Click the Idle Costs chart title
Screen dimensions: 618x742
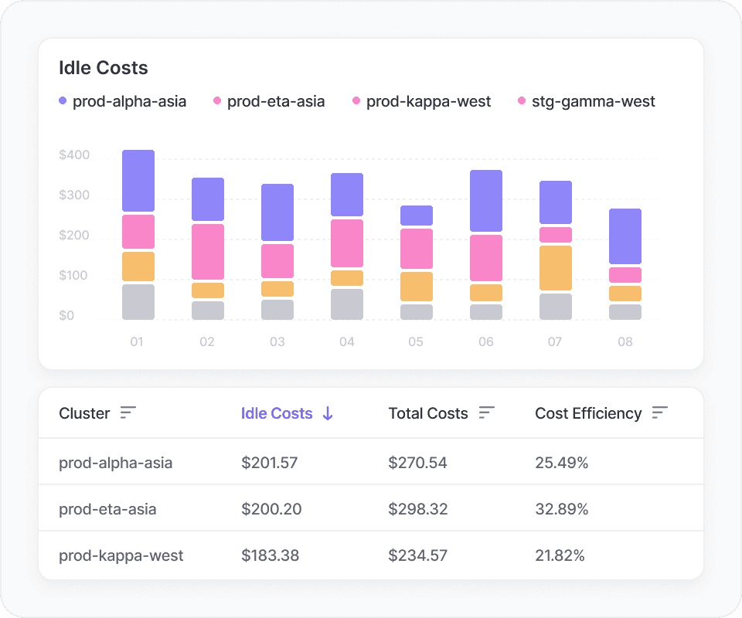(104, 68)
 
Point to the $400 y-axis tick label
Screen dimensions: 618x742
(74, 155)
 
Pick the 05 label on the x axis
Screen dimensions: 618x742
(416, 341)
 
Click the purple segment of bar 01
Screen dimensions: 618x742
(138, 181)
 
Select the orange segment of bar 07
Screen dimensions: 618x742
(556, 267)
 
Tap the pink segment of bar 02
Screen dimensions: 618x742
(208, 252)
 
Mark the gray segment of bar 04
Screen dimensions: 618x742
(347, 304)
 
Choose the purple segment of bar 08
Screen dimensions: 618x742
(625, 236)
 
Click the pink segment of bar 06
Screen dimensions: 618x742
(486, 258)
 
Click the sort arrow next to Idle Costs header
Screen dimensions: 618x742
(328, 413)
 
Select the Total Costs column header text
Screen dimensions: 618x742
(428, 413)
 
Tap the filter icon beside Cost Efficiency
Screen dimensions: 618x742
(659, 413)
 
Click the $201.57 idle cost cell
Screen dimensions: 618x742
(269, 463)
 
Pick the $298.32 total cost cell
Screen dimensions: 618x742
(417, 509)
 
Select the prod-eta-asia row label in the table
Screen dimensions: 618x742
(107, 509)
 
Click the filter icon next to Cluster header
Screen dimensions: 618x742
(128, 413)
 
